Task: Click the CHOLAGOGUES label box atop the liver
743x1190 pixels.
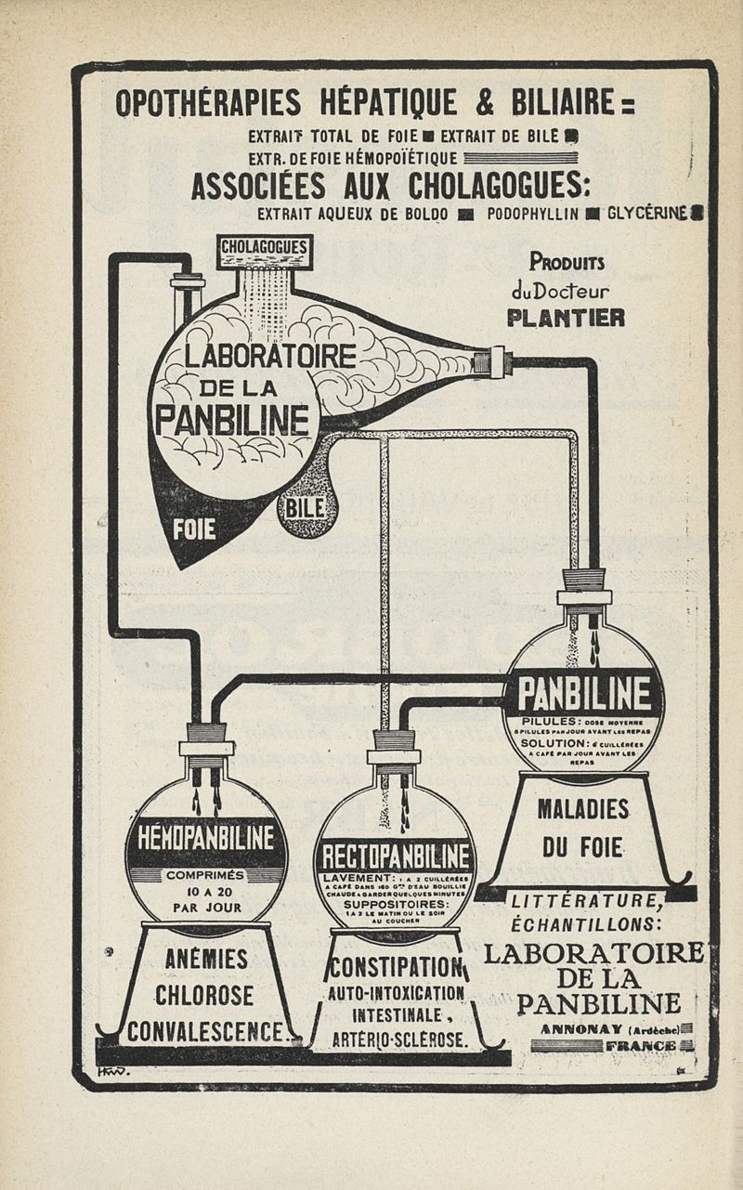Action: tap(265, 249)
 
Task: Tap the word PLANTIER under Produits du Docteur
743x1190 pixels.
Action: tap(566, 318)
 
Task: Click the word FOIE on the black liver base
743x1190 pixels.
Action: tap(194, 529)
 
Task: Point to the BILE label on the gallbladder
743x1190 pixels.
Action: tap(305, 507)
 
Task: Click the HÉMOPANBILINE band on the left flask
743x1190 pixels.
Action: tap(206, 838)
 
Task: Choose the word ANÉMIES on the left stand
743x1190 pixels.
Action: tap(206, 959)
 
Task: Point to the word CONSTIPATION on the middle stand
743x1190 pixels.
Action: tap(395, 968)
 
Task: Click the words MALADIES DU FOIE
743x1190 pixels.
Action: tap(583, 828)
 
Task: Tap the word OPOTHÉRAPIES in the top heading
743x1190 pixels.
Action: tap(208, 101)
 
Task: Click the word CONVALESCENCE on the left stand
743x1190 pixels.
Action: tap(206, 1031)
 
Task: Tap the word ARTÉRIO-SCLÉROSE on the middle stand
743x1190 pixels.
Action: tap(398, 1039)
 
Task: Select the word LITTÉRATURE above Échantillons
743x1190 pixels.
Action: tap(585, 899)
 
